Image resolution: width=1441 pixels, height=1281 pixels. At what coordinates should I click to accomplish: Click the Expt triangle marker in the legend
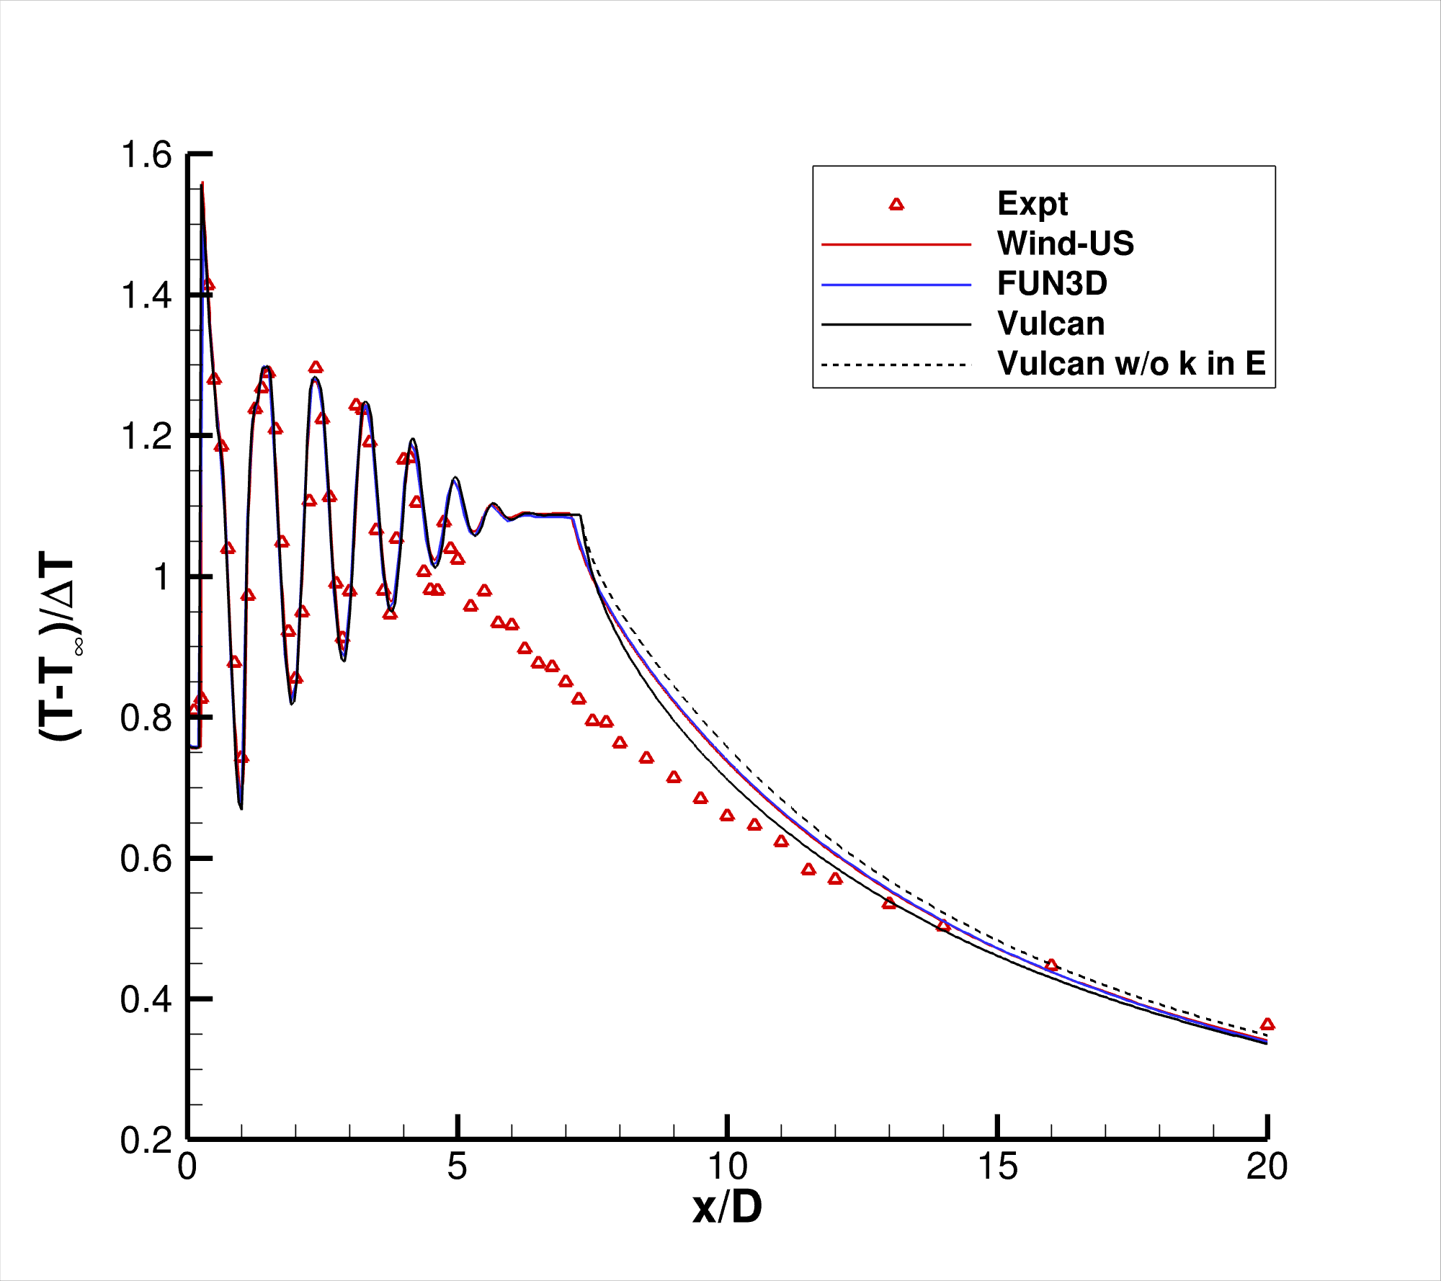pos(896,205)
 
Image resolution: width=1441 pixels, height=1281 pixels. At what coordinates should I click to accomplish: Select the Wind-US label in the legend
pos(1065,244)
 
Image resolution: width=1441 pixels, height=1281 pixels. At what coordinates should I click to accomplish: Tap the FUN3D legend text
pos(1052,284)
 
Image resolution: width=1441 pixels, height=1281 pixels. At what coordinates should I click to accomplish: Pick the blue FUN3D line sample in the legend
pos(896,285)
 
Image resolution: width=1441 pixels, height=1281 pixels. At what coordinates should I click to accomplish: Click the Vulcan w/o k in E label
pos(1131,364)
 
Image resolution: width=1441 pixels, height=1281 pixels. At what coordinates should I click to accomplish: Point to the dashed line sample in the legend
pos(896,365)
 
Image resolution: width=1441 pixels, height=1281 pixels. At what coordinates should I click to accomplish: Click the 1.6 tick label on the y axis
pos(146,156)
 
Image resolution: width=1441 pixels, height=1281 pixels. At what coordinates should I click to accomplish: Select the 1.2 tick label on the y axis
pos(146,437)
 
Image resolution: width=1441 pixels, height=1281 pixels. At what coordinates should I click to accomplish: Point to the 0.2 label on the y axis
pos(146,1141)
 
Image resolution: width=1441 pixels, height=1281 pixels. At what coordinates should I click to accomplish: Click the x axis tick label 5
pos(457,1166)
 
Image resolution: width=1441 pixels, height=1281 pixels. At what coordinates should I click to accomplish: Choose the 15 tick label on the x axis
pos(997,1166)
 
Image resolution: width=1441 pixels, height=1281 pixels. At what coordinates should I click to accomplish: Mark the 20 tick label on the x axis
pos(1267,1166)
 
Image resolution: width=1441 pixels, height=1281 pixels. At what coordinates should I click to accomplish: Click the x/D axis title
pos(727,1208)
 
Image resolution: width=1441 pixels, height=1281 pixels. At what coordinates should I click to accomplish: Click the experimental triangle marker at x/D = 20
pos(1267,1025)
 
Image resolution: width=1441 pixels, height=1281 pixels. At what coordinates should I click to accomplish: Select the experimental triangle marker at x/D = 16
pos(1051,965)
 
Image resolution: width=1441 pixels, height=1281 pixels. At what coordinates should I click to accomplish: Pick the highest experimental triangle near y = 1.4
pos(208,285)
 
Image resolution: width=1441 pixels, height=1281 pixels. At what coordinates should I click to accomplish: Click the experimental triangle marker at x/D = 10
pos(727,816)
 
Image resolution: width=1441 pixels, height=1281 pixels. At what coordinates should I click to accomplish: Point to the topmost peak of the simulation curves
pos(202,184)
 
